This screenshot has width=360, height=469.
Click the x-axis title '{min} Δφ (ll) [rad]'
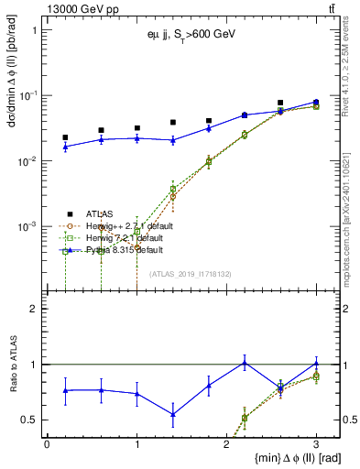pos(284,457)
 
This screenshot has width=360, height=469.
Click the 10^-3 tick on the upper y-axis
pos(27,226)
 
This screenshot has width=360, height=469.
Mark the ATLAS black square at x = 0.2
pos(65,137)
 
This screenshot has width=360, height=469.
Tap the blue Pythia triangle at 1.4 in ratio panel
pos(172,414)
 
